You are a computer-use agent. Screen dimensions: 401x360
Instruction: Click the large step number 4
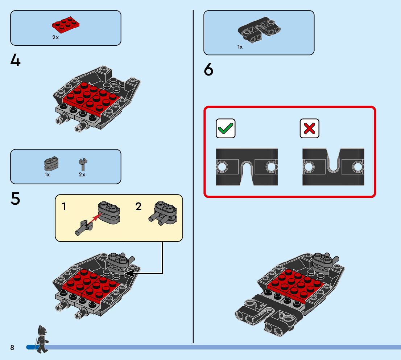[x=16, y=60]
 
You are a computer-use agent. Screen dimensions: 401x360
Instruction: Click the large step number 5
[x=16, y=199]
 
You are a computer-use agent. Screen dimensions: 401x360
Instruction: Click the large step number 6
[x=209, y=70]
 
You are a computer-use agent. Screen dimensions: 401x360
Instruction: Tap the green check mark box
[x=226, y=128]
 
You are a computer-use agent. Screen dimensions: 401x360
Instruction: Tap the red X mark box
[x=309, y=128]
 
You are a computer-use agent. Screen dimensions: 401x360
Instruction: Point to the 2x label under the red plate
[x=55, y=37]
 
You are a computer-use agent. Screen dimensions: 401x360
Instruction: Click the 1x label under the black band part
[x=240, y=47]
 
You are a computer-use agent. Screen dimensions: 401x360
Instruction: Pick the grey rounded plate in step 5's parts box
[x=51, y=164]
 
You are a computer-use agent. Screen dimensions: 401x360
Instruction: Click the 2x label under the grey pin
[x=82, y=175]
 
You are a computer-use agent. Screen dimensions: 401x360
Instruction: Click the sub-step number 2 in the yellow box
[x=139, y=207]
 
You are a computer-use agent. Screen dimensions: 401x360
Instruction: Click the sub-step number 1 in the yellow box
[x=64, y=207]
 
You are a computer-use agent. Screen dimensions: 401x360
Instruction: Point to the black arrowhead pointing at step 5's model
[x=129, y=273]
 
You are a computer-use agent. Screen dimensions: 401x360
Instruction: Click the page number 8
[x=12, y=348]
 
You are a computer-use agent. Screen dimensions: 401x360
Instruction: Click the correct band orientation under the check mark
[x=247, y=167]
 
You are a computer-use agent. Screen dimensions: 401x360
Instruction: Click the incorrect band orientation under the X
[x=333, y=167]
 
